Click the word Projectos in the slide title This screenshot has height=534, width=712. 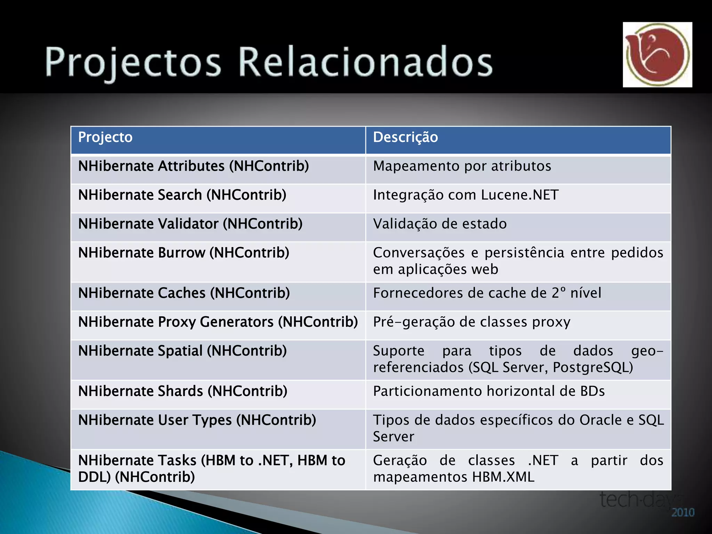pyautogui.click(x=133, y=62)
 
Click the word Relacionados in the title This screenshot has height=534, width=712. pyautogui.click(x=365, y=62)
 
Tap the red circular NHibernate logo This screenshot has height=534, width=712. pyautogui.click(x=657, y=55)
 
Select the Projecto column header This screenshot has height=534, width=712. pyautogui.click(x=105, y=137)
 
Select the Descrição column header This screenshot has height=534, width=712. pyautogui.click(x=405, y=137)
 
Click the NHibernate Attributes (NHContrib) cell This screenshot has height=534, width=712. pyautogui.click(x=193, y=166)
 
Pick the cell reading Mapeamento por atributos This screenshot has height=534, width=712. pyautogui.click(x=462, y=166)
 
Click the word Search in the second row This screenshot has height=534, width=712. pyautogui.click(x=180, y=195)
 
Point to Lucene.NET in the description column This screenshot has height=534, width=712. pyautogui.click(x=520, y=195)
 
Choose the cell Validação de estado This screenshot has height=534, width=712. pyautogui.click(x=440, y=224)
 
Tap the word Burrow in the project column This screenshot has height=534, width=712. pyautogui.click(x=181, y=253)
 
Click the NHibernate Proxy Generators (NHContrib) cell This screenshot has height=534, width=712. pyautogui.click(x=218, y=322)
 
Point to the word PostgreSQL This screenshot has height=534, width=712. pyautogui.click(x=593, y=367)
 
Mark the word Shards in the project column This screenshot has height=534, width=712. pyautogui.click(x=180, y=391)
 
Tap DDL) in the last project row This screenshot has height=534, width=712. pyautogui.click(x=94, y=477)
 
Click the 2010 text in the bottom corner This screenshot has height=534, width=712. pyautogui.click(x=683, y=512)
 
